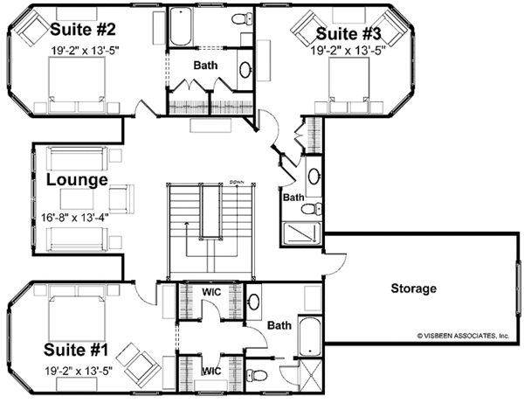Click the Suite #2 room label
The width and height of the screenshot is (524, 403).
point(83,30)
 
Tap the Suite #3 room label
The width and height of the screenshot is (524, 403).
point(348,34)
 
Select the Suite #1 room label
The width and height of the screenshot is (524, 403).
point(76,351)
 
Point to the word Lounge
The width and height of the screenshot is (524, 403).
point(77,179)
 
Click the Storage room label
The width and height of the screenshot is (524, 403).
point(414,288)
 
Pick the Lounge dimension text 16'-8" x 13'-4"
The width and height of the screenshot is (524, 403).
point(75,218)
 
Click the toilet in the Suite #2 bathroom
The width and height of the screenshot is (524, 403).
point(242,18)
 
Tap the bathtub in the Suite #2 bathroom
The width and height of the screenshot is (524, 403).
point(181,26)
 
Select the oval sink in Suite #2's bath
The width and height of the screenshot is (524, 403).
point(245,70)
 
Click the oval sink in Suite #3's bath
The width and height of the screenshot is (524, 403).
point(314,177)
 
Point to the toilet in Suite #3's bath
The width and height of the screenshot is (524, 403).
point(311,209)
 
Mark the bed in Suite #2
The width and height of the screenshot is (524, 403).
point(77,84)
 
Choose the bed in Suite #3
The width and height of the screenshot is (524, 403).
point(348,85)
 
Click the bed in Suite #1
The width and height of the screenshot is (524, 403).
point(77,313)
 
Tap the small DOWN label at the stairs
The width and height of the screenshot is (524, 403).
point(238,183)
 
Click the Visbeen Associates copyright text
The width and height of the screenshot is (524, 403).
point(463,336)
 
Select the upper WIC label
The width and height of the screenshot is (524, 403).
point(211,292)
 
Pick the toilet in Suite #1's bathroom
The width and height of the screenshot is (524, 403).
point(257,374)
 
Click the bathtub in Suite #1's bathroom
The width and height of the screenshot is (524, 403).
point(310,336)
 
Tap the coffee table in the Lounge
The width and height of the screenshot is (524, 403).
point(77,199)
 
